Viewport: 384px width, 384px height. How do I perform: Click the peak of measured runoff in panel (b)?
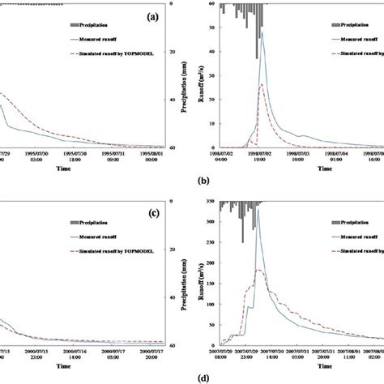coord(261,32)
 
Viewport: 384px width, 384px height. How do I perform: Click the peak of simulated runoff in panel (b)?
coord(261,84)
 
